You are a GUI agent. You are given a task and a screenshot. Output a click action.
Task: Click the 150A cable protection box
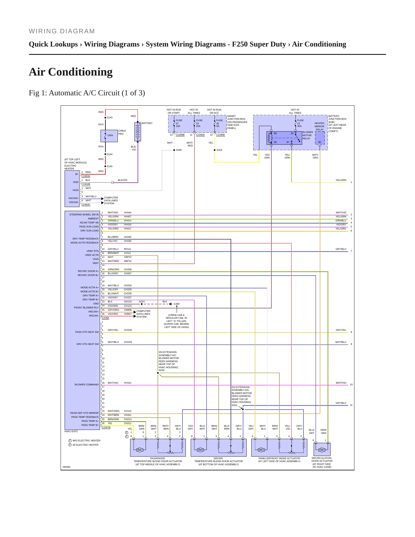(109, 136)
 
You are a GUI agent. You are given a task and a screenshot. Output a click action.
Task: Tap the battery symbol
(138, 132)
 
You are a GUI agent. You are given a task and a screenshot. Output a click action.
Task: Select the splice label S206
(179, 150)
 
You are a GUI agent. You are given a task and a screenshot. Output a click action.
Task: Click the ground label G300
(177, 304)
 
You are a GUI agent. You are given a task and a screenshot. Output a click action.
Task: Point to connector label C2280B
(180, 135)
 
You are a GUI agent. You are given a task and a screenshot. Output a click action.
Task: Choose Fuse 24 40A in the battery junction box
(300, 123)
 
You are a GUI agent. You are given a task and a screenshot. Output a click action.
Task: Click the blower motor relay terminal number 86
(275, 133)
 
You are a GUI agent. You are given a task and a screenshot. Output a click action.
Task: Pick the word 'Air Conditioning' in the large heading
(71, 72)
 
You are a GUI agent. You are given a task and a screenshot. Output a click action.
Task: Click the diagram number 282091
(67, 467)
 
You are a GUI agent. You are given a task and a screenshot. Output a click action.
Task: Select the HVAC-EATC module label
(71, 431)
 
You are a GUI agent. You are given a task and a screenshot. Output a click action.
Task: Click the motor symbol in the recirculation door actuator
(322, 450)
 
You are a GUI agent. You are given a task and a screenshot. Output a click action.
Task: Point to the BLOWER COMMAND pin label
(86, 385)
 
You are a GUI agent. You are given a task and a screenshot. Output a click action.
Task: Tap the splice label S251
(235, 405)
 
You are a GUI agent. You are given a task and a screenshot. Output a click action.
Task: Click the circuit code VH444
(128, 213)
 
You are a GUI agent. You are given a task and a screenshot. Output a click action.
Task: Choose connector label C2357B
(106, 427)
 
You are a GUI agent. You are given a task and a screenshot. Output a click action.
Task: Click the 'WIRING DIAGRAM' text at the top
(62, 31)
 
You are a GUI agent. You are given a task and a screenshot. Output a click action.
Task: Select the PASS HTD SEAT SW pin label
(87, 332)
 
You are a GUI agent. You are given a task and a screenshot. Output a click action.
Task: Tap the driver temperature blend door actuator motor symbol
(200, 450)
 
